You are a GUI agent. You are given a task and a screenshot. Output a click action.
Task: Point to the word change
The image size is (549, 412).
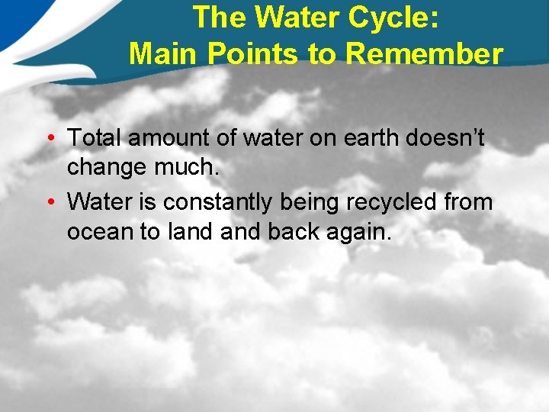click(106, 167)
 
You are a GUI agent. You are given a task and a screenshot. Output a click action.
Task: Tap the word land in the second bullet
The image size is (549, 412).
click(189, 231)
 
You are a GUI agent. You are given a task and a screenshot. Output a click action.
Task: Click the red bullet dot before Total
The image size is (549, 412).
click(50, 139)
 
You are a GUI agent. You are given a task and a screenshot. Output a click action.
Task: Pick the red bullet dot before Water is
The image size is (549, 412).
click(50, 203)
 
